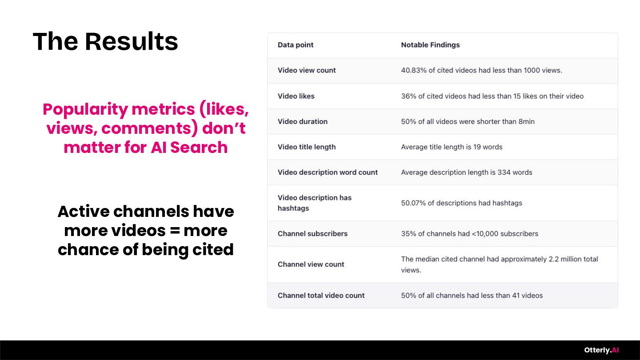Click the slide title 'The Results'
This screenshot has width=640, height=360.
[105, 42]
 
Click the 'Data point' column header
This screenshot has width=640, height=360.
[296, 45]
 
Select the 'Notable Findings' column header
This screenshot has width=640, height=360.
[430, 45]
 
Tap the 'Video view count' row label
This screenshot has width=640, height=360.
[307, 70]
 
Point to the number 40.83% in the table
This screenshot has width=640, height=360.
[414, 70]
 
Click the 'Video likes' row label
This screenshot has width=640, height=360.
[296, 96]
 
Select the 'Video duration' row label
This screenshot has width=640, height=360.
[303, 121]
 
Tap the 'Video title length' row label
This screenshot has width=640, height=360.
[307, 147]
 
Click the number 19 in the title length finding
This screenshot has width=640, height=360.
[477, 147]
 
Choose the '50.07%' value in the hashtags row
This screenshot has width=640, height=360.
[413, 203]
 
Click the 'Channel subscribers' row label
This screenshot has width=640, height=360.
[312, 234]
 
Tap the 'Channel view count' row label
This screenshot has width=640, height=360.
[311, 264]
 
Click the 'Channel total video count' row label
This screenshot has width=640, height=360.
[321, 296]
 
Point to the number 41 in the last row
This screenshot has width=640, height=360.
[516, 296]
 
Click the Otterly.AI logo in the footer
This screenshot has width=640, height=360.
[601, 350]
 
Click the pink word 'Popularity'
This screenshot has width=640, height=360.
[85, 110]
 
